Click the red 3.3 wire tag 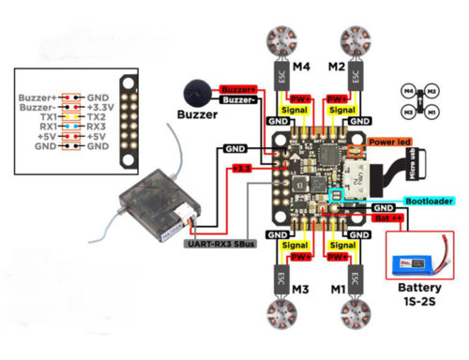pos(241,168)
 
